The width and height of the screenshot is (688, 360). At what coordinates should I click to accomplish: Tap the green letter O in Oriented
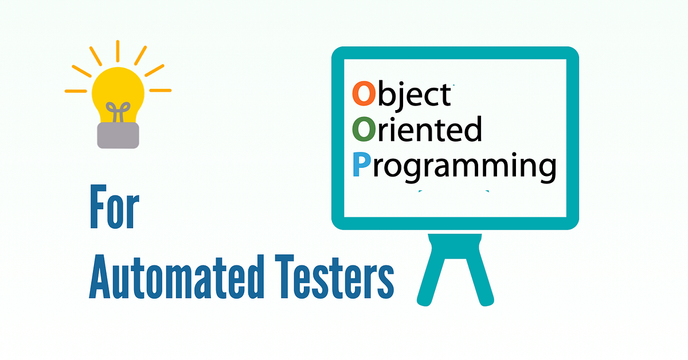pyautogui.click(x=363, y=131)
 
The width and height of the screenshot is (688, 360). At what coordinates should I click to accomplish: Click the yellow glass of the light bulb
pyautogui.click(x=118, y=92)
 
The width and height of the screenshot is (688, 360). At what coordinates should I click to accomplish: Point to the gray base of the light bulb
pyautogui.click(x=118, y=135)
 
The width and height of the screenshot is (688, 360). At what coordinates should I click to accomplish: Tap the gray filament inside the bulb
pyautogui.click(x=118, y=112)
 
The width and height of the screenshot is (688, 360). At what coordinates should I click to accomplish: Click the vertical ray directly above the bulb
pyautogui.click(x=118, y=51)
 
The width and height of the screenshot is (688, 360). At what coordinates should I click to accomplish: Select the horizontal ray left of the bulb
pyautogui.click(x=75, y=91)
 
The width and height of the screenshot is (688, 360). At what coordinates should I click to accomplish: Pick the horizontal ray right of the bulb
pyautogui.click(x=160, y=91)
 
